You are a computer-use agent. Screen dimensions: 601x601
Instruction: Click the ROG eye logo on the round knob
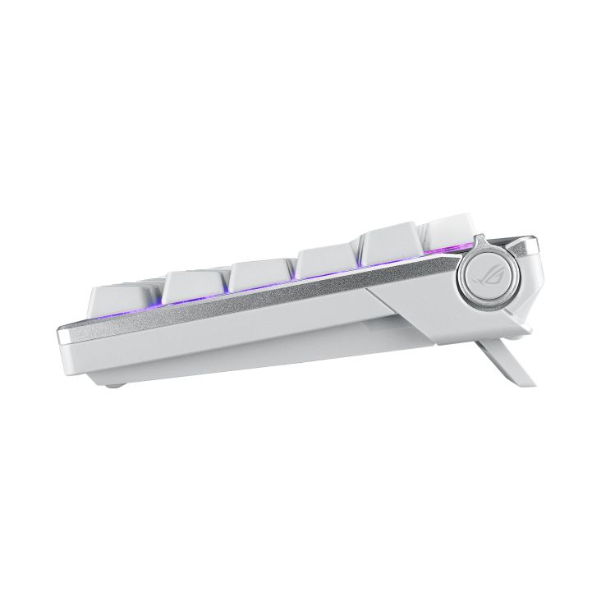tap(479, 273)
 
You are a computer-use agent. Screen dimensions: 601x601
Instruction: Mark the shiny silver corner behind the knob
tap(530, 244)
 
